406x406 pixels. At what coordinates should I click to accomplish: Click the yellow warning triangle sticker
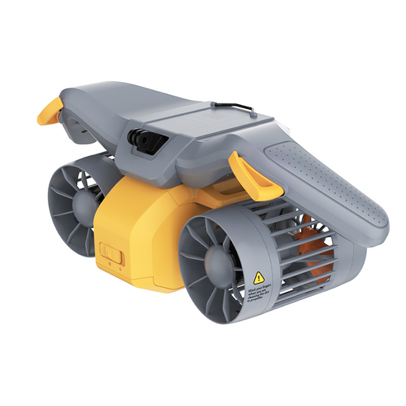(259, 278)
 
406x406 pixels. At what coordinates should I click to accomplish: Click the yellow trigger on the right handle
(253, 175)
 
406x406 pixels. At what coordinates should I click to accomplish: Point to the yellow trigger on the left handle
(50, 112)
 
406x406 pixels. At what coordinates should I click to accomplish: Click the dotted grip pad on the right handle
(325, 179)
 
